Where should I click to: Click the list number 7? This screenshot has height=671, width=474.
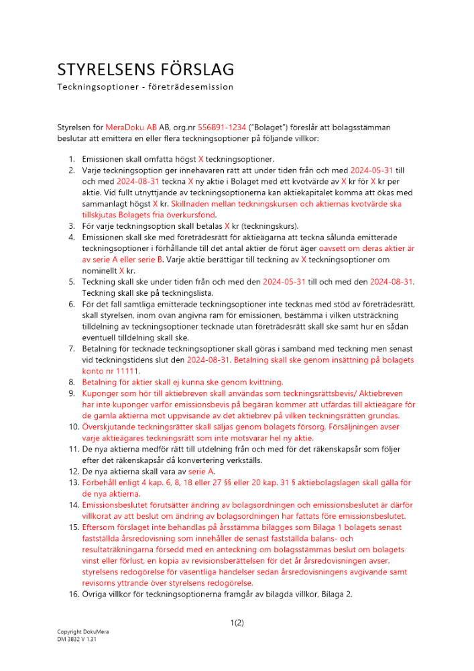point(72,349)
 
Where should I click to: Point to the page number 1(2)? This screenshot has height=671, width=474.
point(237,622)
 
